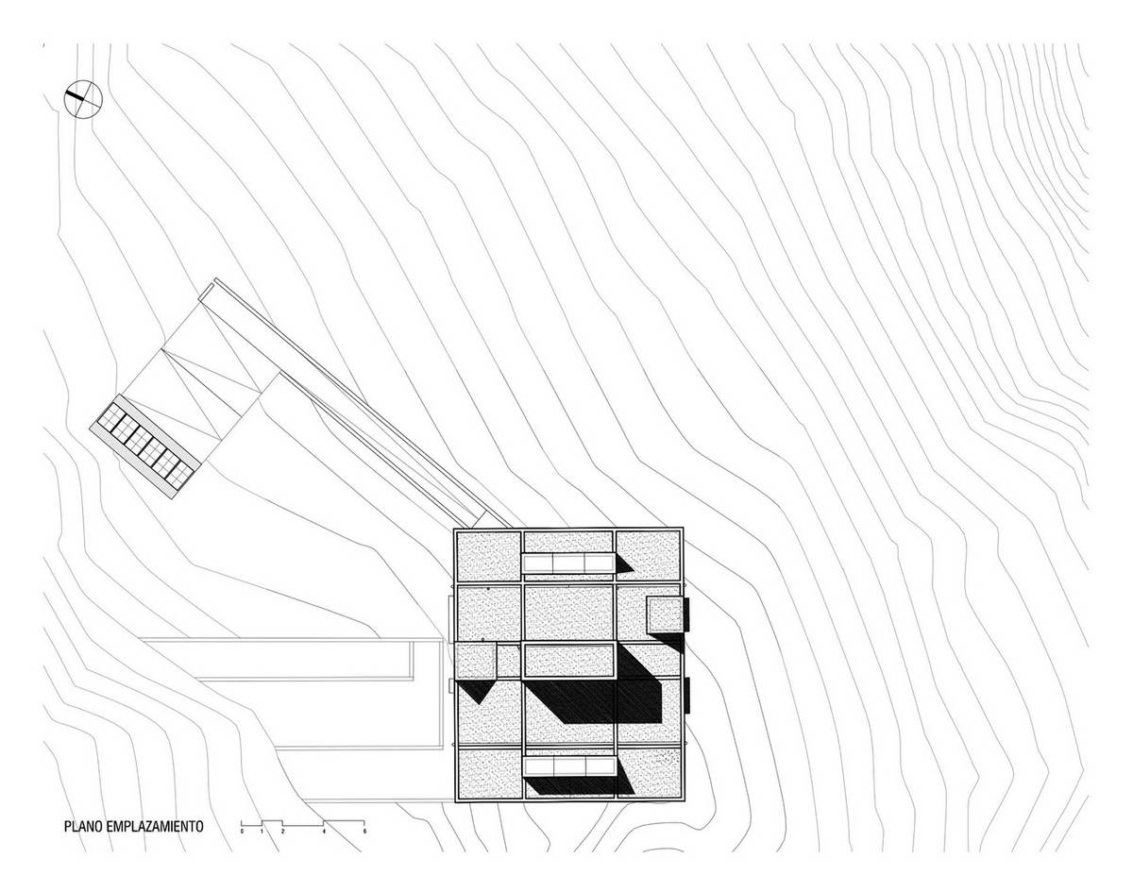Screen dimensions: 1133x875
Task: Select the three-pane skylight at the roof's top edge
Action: (x=568, y=564)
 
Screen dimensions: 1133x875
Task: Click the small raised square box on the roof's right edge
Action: (x=666, y=615)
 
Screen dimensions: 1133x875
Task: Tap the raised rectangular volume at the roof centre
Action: (x=569, y=661)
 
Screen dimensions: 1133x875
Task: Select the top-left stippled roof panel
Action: (x=488, y=556)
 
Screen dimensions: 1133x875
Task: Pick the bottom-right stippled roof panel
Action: (x=650, y=773)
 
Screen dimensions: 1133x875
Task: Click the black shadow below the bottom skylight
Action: (x=579, y=785)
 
